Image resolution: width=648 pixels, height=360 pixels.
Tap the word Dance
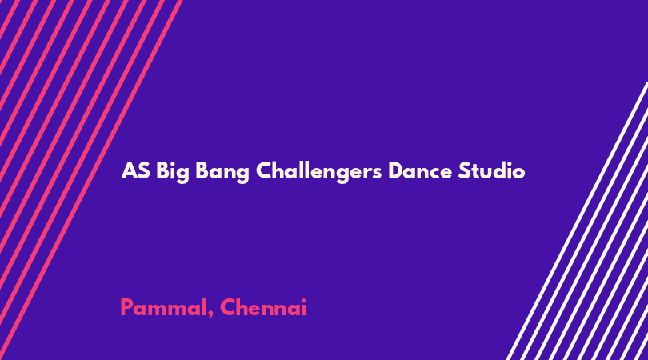(419, 171)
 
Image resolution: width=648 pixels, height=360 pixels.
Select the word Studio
(491, 170)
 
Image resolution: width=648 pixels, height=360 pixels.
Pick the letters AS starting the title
(135, 171)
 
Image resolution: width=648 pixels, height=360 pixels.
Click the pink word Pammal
(163, 307)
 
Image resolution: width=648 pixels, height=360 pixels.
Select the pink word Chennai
(263, 307)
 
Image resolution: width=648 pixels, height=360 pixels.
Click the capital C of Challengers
(265, 171)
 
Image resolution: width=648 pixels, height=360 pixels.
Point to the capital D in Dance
(397, 171)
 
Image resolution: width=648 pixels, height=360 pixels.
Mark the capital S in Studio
(464, 171)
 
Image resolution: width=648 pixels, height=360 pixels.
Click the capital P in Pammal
(127, 307)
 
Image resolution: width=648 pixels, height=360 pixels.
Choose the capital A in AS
(129, 171)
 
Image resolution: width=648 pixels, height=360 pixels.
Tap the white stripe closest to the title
(577, 221)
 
